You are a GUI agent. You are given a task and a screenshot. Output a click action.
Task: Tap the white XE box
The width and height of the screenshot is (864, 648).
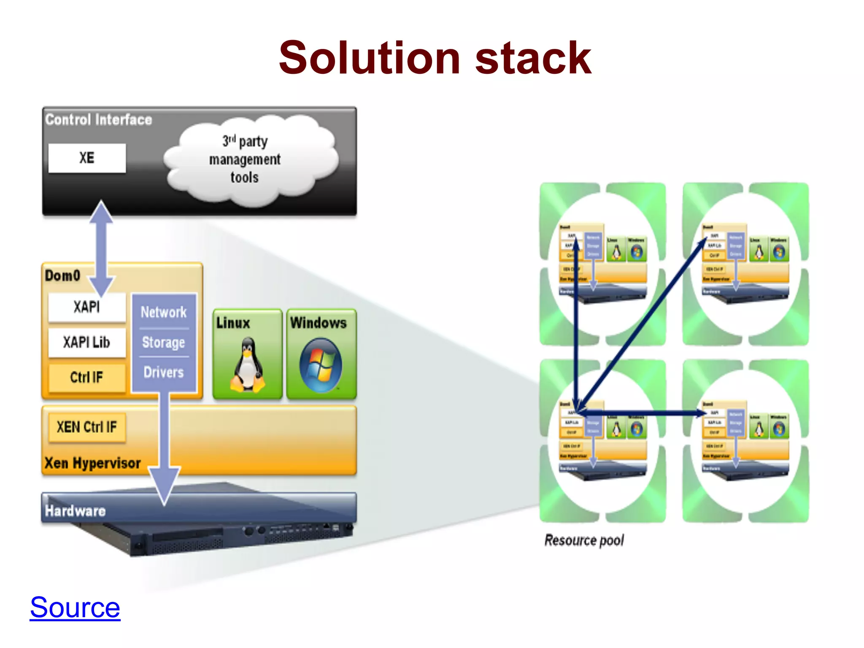click(x=87, y=158)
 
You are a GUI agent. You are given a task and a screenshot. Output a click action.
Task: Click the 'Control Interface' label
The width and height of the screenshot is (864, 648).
click(x=98, y=120)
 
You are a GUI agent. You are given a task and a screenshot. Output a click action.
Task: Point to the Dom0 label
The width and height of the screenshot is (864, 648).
click(x=62, y=275)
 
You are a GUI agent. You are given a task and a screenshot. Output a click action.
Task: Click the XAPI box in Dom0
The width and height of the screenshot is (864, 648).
click(x=87, y=307)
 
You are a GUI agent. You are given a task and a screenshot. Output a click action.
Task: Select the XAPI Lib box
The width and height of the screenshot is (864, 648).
click(x=87, y=342)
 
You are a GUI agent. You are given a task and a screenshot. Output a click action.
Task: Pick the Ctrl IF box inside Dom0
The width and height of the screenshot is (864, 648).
click(x=87, y=377)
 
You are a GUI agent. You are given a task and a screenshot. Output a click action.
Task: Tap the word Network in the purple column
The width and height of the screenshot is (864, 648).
click(x=164, y=312)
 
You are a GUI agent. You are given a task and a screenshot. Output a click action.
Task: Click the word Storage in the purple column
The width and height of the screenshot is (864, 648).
click(x=164, y=343)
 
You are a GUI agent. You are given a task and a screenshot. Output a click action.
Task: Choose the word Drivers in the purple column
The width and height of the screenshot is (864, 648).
click(x=164, y=373)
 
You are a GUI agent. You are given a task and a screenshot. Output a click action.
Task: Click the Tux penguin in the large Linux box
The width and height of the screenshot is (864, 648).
click(x=248, y=365)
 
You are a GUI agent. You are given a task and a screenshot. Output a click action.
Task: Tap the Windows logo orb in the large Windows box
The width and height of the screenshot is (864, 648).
click(x=321, y=365)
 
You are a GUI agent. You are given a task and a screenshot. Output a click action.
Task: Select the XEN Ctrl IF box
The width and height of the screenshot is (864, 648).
click(x=87, y=427)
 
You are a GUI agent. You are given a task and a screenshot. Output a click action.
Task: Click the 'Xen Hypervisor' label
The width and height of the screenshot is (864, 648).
click(x=92, y=463)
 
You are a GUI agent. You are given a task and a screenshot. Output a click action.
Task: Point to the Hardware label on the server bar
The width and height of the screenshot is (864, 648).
click(x=75, y=511)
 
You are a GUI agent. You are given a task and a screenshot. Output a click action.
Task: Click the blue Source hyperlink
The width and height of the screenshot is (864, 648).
click(x=75, y=607)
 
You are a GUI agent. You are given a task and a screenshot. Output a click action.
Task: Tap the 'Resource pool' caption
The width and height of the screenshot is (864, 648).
click(x=584, y=540)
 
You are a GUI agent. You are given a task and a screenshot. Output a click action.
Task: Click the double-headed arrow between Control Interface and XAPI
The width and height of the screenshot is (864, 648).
click(x=101, y=249)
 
